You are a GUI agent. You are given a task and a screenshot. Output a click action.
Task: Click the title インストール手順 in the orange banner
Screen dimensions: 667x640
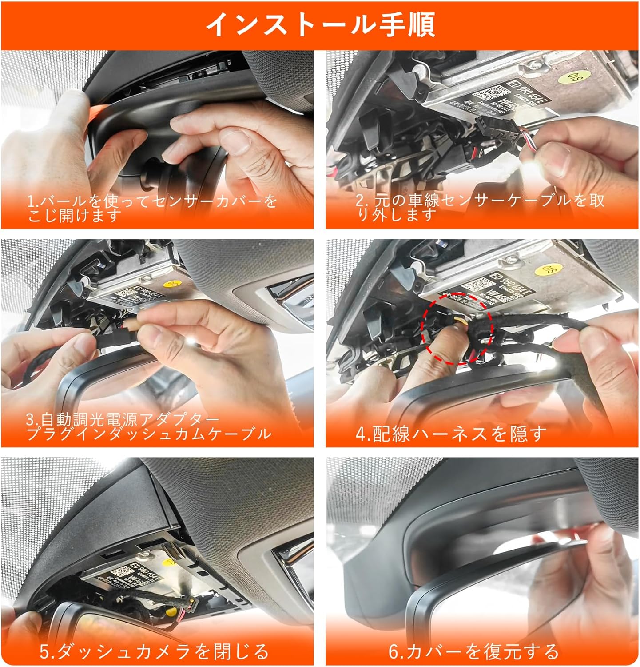(320, 25)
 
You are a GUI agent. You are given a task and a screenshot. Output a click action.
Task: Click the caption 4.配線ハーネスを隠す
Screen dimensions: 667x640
(450, 434)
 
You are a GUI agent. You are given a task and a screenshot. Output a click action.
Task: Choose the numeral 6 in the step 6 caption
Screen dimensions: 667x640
(394, 651)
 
